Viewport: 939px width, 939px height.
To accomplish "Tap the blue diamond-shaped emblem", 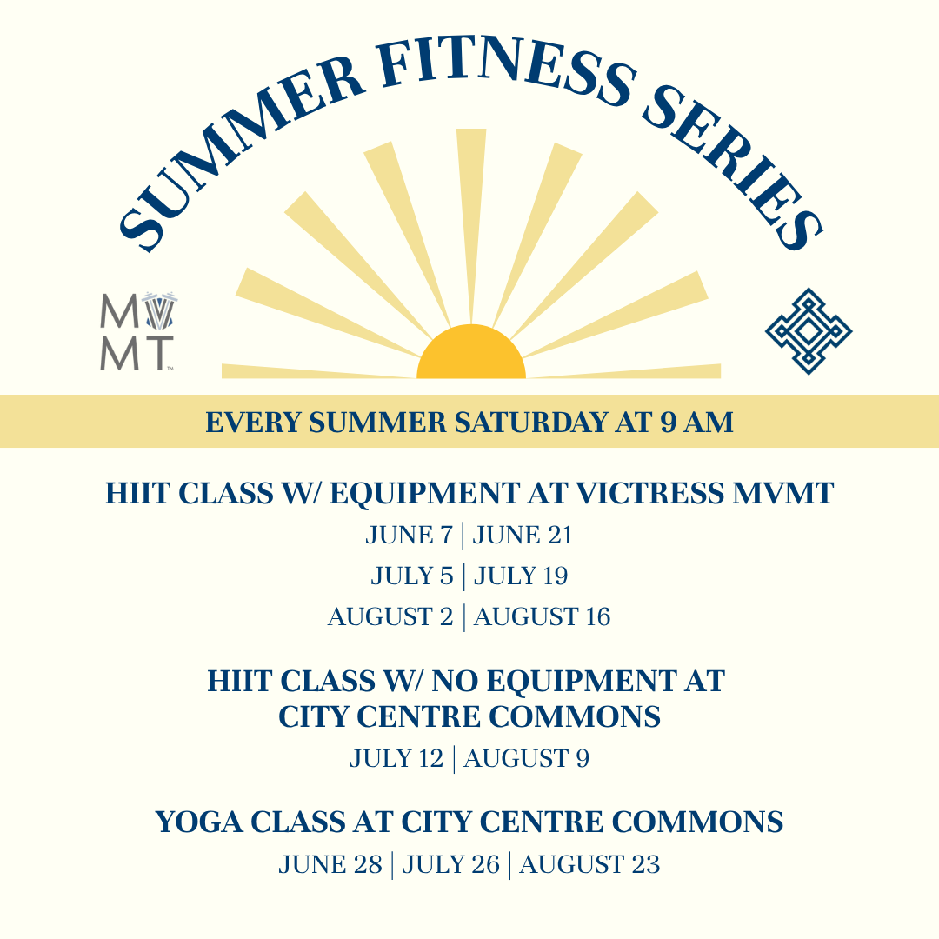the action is point(809,331).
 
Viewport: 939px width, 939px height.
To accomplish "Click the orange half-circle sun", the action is point(471,351).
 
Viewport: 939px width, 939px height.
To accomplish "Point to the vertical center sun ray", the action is point(471,226).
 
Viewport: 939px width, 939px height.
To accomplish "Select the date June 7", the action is point(409,536).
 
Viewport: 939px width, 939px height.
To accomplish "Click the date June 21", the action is point(523,536).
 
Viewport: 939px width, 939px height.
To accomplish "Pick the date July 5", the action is point(412,576).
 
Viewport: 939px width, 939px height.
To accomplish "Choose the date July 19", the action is point(521,576).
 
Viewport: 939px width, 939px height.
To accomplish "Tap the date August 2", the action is point(390,616).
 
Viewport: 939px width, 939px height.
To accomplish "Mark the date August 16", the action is point(542,616).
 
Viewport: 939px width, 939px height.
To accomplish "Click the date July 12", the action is point(396,759).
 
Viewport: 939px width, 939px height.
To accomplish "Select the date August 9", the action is point(526,759).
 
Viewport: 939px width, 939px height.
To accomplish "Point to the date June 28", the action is point(330,865).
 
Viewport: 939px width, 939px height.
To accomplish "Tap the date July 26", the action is point(451,865).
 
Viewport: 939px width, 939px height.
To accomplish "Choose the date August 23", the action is point(589,865).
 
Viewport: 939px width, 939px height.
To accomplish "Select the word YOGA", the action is point(199,822).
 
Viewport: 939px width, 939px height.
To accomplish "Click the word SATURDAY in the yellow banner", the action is point(531,423).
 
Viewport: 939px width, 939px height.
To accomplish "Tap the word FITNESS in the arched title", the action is point(506,69).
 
